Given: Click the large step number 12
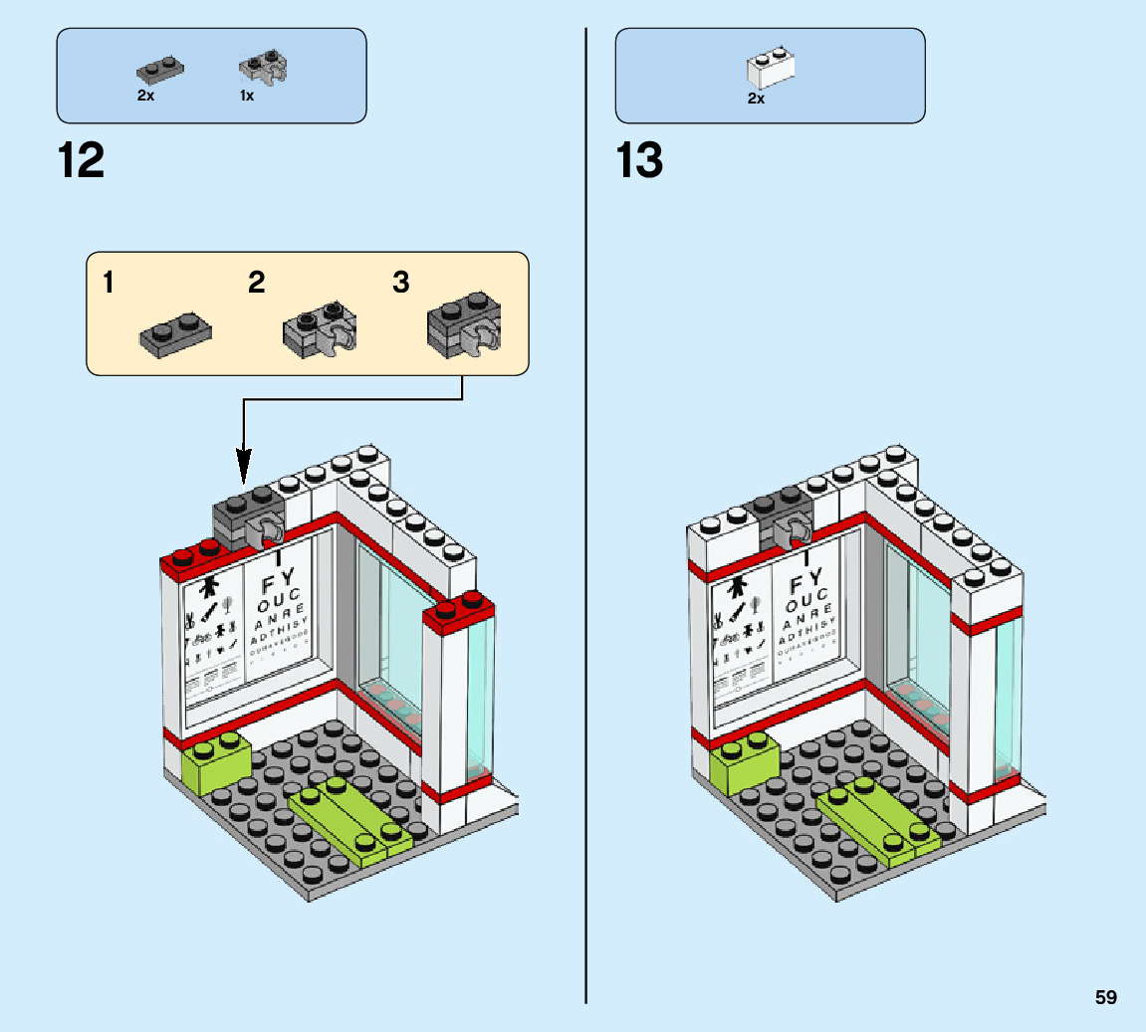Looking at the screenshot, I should tap(82, 161).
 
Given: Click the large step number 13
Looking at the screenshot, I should tap(639, 161).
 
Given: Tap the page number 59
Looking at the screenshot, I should tap(1105, 997).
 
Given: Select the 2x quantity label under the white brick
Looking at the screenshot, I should tap(756, 99).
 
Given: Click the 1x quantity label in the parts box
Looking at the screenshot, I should tap(246, 97).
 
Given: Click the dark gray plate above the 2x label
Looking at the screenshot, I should tap(159, 70).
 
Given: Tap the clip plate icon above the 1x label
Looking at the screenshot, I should tap(262, 68).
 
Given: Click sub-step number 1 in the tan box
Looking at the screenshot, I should tap(108, 284).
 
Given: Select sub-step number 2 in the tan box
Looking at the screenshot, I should tap(257, 284).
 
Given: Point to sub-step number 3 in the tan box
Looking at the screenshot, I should tap(401, 284).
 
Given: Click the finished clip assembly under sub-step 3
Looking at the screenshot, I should tap(463, 324).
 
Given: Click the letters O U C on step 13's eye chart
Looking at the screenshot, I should tap(806, 604).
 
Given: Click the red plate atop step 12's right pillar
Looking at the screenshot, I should tap(459, 608).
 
